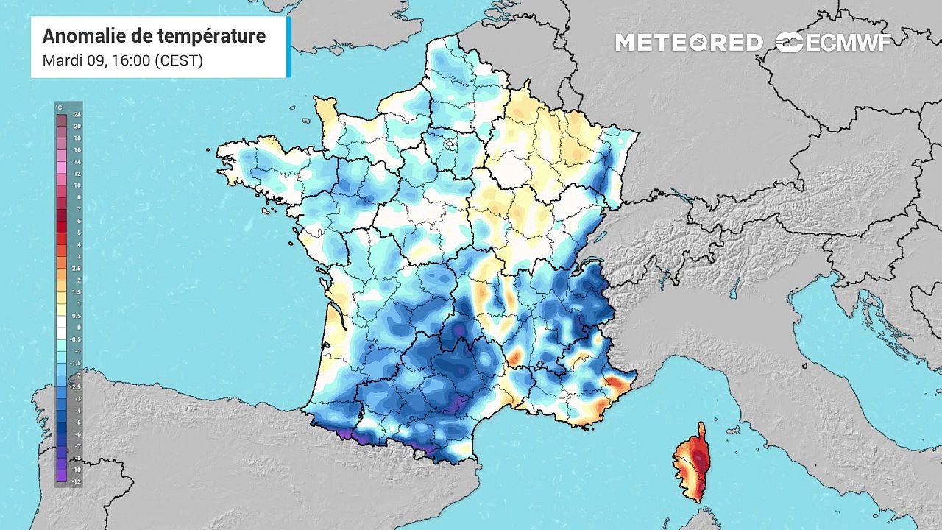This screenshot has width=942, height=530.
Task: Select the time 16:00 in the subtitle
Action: (x=130, y=60)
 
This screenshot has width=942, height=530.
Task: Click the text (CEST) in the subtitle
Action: (x=178, y=60)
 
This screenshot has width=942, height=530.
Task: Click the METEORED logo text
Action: (x=688, y=43)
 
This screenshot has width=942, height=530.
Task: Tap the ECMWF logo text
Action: (x=849, y=43)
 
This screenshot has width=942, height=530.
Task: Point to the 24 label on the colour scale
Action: (x=77, y=115)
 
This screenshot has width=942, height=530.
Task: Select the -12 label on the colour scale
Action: (x=77, y=481)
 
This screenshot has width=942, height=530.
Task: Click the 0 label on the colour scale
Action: (x=78, y=328)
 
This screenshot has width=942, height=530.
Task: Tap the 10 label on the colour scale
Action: (x=77, y=185)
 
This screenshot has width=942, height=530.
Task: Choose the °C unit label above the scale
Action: (x=60, y=108)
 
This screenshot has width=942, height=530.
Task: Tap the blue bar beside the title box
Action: (x=288, y=46)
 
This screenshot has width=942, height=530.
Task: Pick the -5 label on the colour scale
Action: (x=77, y=423)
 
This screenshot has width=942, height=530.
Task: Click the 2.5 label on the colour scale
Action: (x=77, y=269)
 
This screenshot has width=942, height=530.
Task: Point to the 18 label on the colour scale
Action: (x=77, y=138)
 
